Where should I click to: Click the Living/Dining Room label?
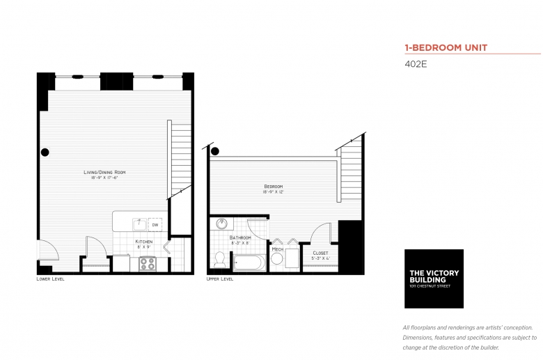(104, 172)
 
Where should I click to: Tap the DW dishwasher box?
(155, 225)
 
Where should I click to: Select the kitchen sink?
(139, 224)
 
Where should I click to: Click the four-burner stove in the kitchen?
(147, 264)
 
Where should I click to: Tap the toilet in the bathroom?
(219, 260)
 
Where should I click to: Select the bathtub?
(248, 264)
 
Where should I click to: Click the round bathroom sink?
(221, 224)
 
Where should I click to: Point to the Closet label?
(320, 253)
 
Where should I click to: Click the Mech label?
(277, 249)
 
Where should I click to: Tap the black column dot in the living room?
(45, 152)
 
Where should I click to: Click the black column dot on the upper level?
(215, 151)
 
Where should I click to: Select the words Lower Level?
(50, 279)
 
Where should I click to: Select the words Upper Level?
(220, 279)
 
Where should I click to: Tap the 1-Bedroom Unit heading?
(446, 48)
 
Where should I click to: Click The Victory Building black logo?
(434, 279)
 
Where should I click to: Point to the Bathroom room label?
(240, 237)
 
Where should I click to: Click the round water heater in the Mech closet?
(276, 260)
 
